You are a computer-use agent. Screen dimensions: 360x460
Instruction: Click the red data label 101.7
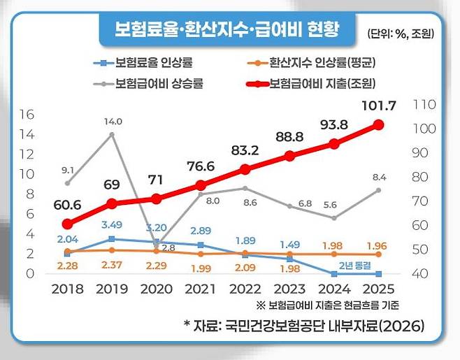click(x=380, y=106)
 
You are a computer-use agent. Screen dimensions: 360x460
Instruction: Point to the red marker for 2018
click(x=67, y=224)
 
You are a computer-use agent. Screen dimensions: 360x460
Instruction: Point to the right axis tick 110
click(x=424, y=104)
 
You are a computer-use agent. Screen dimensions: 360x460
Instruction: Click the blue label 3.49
click(x=113, y=225)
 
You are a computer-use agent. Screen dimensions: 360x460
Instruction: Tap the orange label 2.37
click(x=113, y=265)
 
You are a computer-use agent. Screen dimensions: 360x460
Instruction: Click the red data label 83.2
click(x=245, y=150)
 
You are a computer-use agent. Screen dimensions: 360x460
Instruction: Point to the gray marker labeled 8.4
click(x=378, y=190)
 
